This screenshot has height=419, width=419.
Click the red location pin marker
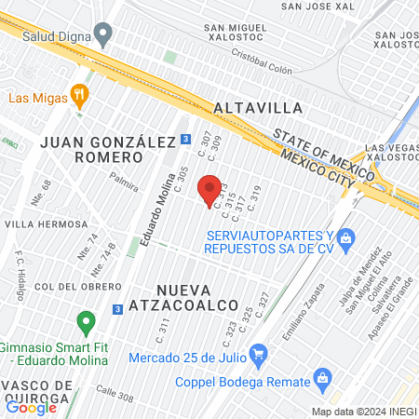211,189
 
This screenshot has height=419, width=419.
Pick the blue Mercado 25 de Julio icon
259,353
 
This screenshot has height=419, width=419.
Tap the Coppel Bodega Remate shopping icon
323,378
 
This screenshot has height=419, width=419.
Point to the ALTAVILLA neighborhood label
254,109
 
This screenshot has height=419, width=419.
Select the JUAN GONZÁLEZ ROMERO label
109,149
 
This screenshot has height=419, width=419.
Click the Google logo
31,406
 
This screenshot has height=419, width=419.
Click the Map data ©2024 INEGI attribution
363,412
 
